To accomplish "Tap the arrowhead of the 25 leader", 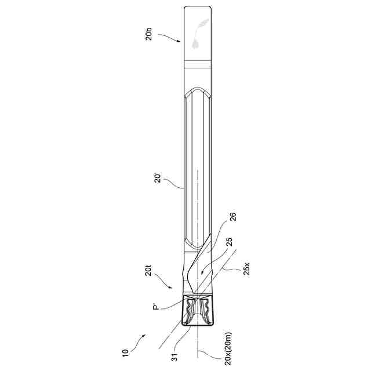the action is coord(201,272).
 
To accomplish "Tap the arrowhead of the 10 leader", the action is coord(146,335).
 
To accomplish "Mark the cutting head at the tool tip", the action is coord(198,311).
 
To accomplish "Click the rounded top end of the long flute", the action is coord(198,91).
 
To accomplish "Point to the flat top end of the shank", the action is coord(198,6).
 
